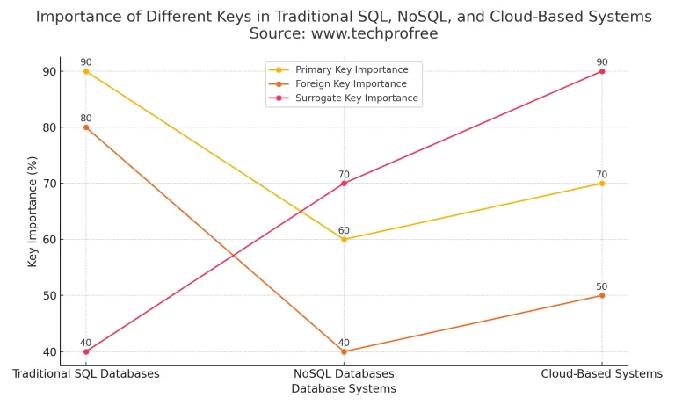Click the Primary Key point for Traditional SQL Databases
[86, 71]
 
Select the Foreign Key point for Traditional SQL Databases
[86, 127]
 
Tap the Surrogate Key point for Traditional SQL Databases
[86, 351]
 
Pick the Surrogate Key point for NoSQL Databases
[344, 183]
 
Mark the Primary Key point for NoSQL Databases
[344, 239]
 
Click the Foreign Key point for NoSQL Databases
[344, 351]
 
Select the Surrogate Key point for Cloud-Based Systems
[602, 71]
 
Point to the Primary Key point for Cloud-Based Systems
[602, 183]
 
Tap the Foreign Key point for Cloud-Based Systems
[602, 295]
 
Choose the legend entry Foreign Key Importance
[351, 83]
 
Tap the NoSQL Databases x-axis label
[344, 373]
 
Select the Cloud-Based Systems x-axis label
[602, 373]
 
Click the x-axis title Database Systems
[344, 388]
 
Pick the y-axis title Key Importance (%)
[33, 211]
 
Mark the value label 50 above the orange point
[602, 286]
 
